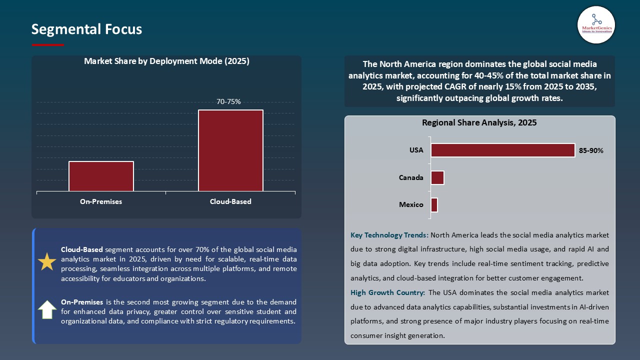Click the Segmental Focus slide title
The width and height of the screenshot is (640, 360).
tap(86, 29)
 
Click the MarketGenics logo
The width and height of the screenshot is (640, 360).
tap(596, 24)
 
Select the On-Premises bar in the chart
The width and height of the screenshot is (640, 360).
tap(101, 176)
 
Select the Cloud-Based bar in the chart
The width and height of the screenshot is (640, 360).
tap(230, 150)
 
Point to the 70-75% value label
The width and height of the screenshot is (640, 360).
tap(228, 101)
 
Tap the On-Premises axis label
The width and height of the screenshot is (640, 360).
tap(101, 201)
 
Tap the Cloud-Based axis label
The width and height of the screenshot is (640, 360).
tap(230, 201)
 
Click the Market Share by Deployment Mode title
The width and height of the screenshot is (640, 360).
tap(166, 61)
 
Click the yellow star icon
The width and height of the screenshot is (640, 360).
tap(47, 262)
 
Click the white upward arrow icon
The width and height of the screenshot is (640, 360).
tap(47, 310)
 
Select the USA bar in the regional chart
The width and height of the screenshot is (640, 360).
tap(502, 150)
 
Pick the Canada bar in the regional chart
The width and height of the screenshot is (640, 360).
tap(437, 177)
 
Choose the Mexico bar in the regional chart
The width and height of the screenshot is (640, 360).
tap(434, 205)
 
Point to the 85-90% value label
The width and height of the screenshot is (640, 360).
tap(591, 150)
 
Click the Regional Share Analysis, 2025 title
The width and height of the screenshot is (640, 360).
tap(479, 122)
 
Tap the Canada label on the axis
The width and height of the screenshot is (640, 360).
tap(411, 177)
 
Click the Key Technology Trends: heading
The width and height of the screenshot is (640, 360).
tap(389, 235)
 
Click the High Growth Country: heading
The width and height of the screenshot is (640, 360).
tap(388, 292)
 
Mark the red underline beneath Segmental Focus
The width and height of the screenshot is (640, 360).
tap(48, 45)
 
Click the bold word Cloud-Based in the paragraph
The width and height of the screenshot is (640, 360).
tap(82, 249)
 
